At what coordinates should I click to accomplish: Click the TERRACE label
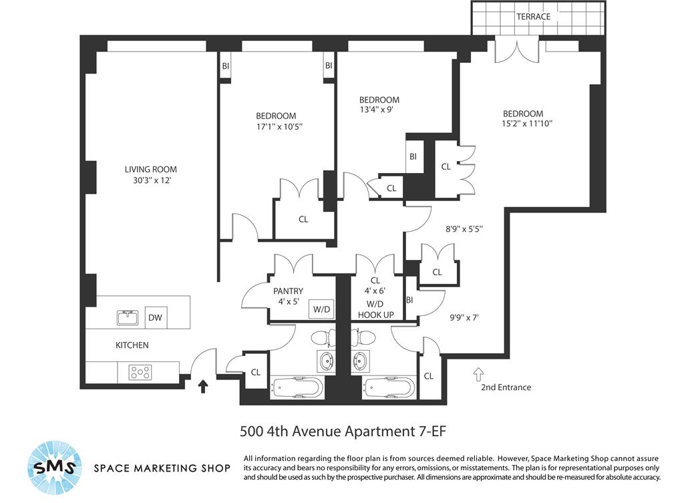coord(533,17)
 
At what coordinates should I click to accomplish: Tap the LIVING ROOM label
coord(151,169)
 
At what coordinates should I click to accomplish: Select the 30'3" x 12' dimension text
coord(152,180)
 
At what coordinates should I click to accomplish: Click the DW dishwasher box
coord(155,317)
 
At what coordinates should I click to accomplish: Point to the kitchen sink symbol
coord(128,317)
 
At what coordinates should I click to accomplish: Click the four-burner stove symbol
coord(140,372)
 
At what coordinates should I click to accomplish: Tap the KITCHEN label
coord(132,345)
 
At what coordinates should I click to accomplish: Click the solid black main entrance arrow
coord(203,387)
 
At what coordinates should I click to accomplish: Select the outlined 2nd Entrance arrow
coord(478,375)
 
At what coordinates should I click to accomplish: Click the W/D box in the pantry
coord(321,309)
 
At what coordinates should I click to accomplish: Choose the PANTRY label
coord(288,291)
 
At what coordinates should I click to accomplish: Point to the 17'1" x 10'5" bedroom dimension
coord(280,127)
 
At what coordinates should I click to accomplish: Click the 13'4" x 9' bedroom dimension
coord(377,110)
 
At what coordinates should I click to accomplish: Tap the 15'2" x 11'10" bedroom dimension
coord(527,124)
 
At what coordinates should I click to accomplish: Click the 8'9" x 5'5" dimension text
coord(464,228)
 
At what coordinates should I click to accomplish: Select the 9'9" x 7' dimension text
coord(464,317)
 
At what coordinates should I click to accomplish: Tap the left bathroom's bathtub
coord(297,388)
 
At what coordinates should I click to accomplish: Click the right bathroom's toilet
coord(364,337)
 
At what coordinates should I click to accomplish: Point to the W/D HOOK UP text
coord(375,309)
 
